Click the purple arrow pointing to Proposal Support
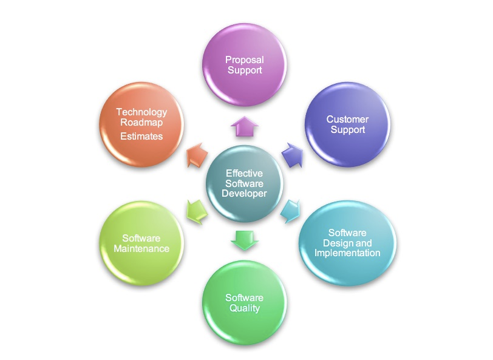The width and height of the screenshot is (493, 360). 244,126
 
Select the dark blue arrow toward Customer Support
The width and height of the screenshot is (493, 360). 293,155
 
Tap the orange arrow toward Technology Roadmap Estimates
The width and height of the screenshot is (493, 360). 197,155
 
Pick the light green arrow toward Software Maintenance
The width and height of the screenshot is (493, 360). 197,211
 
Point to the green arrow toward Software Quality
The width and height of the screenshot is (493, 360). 244,240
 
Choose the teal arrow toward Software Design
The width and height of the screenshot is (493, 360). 290,211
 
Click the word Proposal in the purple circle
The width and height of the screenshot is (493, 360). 245,59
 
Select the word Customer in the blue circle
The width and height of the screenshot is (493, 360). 347,119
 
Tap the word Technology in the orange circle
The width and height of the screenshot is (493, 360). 141,112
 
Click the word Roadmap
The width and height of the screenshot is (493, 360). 141,122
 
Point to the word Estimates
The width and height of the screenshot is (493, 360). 141,136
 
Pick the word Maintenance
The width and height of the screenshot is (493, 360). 141,248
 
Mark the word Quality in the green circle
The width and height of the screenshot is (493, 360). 245,308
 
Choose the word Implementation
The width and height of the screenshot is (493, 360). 347,253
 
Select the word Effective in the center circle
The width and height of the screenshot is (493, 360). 244,173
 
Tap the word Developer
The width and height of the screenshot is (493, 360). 244,194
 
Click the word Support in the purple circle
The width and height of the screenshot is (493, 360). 245,70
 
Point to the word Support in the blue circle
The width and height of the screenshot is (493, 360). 348,129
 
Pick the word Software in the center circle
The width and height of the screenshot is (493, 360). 244,183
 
